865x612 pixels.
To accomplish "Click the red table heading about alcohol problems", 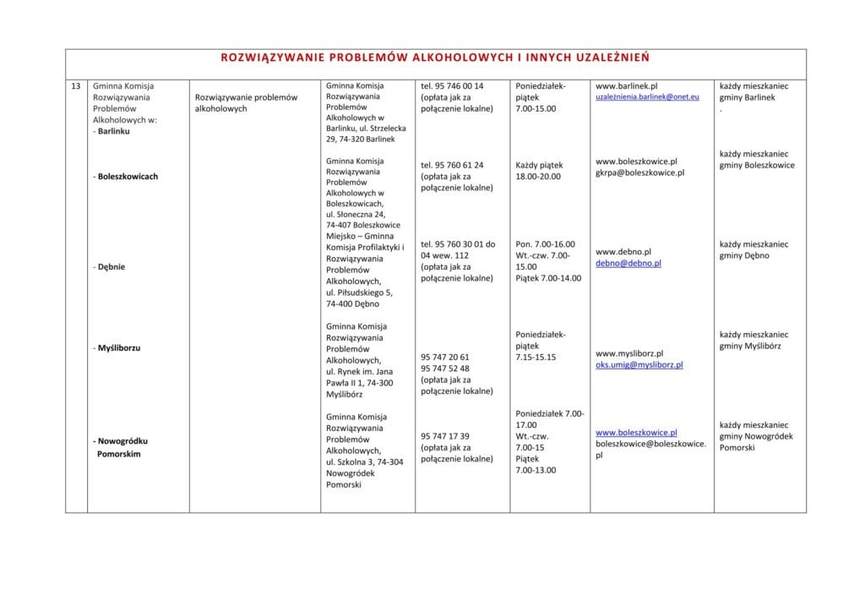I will click(x=435, y=58).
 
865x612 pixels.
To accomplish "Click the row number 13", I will click(x=76, y=86).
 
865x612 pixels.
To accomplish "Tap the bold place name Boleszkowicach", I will click(x=128, y=177).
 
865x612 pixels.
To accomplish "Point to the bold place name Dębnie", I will click(x=112, y=267).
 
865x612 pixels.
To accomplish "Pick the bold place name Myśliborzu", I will click(x=119, y=347).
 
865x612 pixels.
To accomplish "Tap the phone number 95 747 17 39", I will click(x=448, y=436).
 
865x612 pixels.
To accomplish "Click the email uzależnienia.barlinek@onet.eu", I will click(x=647, y=97).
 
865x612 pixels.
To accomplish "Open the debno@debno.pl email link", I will click(x=628, y=263).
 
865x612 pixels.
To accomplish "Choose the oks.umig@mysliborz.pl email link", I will click(x=639, y=365).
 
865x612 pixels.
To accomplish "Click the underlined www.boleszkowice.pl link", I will click(x=636, y=432).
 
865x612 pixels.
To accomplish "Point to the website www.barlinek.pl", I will click(x=626, y=86).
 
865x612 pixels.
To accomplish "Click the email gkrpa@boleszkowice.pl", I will click(x=639, y=172).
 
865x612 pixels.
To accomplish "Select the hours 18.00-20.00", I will click(x=537, y=177).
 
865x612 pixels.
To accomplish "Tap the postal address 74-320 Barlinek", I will click(x=367, y=139).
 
